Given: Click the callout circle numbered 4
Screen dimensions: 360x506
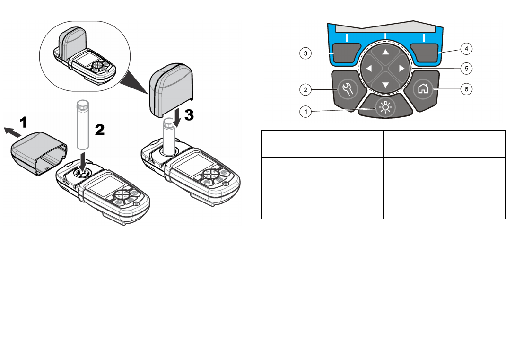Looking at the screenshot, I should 466,48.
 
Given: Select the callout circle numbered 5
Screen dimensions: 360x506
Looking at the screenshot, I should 466,68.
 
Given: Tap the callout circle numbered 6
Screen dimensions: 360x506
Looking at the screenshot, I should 466,88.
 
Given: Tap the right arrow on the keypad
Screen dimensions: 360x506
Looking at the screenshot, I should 402,68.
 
